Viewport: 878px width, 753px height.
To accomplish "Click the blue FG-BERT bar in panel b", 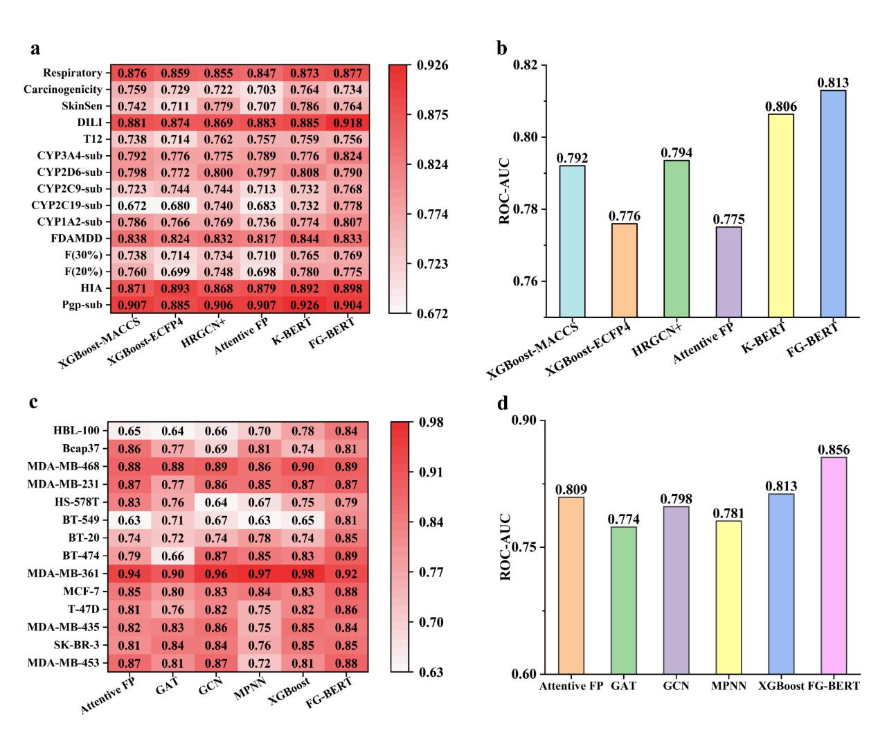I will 833,203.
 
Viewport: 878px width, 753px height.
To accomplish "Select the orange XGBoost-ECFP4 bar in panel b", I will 623,270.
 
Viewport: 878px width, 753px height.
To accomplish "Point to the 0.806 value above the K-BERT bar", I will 780,107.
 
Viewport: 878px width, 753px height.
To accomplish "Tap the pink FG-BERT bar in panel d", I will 833,565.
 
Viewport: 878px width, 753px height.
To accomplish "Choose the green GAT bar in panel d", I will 623,600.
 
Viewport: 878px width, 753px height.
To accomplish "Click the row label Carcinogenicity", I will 63,89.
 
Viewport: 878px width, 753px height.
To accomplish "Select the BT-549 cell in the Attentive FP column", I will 129,520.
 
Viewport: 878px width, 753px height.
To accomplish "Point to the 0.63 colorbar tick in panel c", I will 430,672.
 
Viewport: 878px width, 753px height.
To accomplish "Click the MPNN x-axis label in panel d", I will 727,686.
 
